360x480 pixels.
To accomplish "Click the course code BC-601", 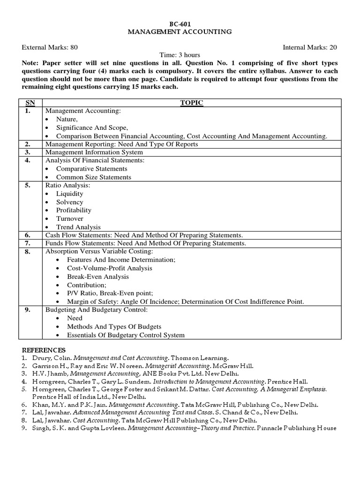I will click(x=180, y=23).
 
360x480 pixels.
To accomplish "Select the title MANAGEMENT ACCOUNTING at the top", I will click(x=180, y=31).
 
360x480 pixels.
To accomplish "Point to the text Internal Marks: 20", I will click(x=310, y=47).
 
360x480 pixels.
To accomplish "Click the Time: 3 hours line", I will click(x=180, y=55).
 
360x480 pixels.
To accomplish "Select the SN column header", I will click(x=30, y=103).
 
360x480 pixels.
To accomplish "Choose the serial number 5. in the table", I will click(x=28, y=185).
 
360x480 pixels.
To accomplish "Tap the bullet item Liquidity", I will click(x=69, y=194).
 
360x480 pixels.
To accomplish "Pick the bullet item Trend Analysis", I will click(x=78, y=227).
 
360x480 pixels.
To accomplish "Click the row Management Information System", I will click(x=94, y=152).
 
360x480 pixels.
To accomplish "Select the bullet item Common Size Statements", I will click(x=94, y=177).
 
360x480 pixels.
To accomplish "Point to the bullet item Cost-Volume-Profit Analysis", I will click(x=110, y=268).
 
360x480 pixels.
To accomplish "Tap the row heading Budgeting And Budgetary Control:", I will click(x=96, y=310).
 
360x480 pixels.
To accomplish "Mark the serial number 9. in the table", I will click(x=28, y=310).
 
